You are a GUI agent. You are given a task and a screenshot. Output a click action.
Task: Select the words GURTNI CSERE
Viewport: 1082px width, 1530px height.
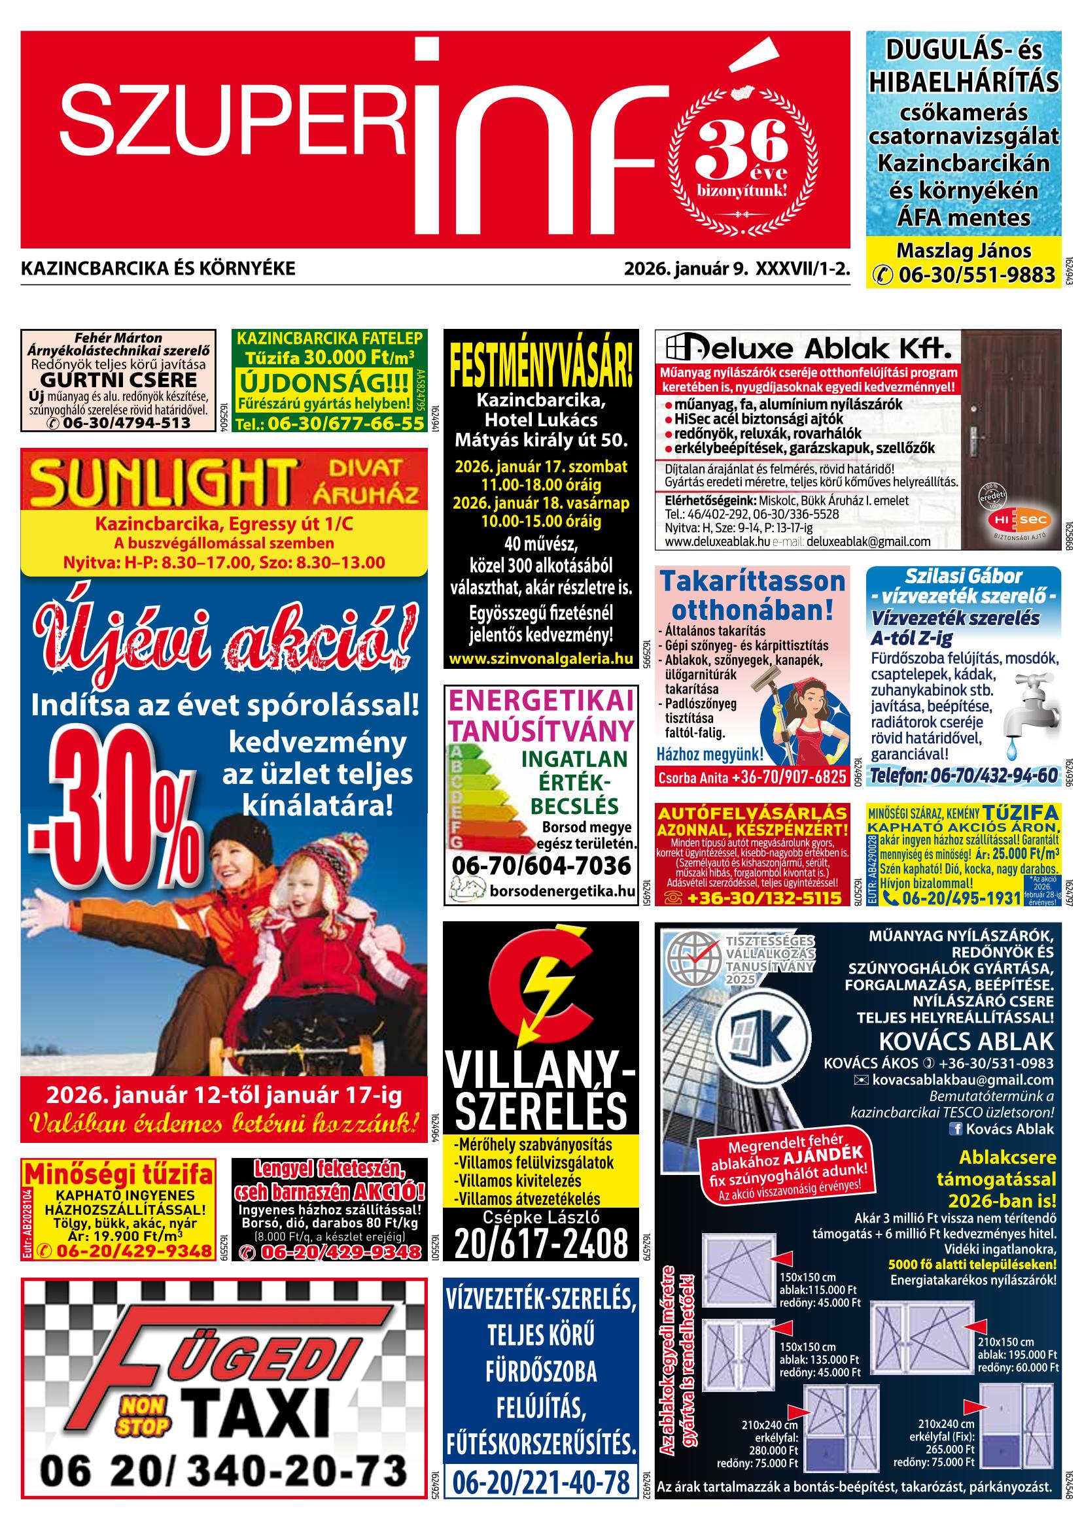click(x=118, y=380)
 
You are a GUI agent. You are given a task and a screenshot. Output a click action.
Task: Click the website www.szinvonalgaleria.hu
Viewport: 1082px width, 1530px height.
click(x=540, y=658)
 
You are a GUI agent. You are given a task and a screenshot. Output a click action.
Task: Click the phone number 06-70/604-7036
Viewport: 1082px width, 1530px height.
click(x=540, y=866)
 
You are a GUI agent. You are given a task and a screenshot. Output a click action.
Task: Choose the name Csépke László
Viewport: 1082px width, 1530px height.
click(x=540, y=1217)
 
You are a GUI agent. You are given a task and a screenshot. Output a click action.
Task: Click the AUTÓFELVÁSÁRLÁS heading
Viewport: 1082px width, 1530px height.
click(x=752, y=813)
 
